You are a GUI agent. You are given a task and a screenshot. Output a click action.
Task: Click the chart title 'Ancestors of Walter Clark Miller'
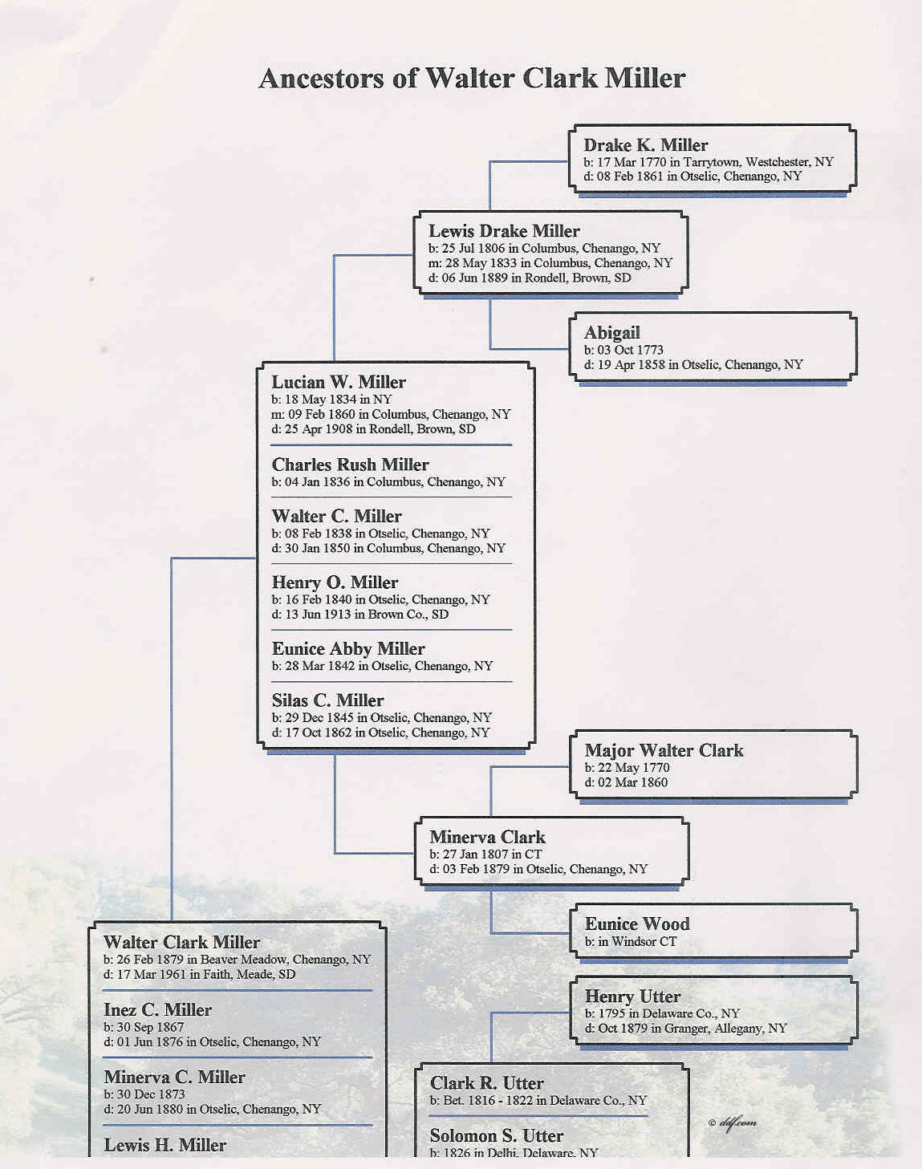pos(472,78)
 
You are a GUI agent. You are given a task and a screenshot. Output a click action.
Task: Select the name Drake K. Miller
pos(645,145)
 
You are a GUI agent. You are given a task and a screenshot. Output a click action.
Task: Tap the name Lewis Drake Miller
pos(504,231)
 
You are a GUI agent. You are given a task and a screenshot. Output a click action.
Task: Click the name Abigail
pos(611,332)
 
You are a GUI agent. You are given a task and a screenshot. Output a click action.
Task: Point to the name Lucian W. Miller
pos(339,382)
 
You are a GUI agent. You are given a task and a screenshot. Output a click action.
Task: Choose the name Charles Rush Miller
pos(350,465)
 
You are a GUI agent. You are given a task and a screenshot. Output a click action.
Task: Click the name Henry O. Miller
pos(335,582)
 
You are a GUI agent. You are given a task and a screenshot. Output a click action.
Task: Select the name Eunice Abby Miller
pos(348,648)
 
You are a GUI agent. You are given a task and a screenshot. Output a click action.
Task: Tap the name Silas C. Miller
pos(327,700)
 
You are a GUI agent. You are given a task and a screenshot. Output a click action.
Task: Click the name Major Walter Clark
pos(664,750)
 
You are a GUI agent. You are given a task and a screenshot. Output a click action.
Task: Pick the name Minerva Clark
pos(487,837)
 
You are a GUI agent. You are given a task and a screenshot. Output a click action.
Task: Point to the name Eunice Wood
pos(637,924)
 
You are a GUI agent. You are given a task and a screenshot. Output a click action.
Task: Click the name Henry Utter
pos(632,996)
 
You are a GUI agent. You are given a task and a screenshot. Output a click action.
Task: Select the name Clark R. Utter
pos(486,1083)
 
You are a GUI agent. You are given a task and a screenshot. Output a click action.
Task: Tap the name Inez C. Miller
pos(157,1010)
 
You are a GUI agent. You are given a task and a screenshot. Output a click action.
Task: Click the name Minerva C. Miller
pos(174,1077)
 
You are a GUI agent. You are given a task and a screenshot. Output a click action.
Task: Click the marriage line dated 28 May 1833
pos(550,263)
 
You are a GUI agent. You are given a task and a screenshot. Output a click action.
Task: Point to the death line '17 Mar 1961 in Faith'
pos(199,974)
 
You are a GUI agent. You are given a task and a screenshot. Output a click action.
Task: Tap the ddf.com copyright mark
pos(733,1122)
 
